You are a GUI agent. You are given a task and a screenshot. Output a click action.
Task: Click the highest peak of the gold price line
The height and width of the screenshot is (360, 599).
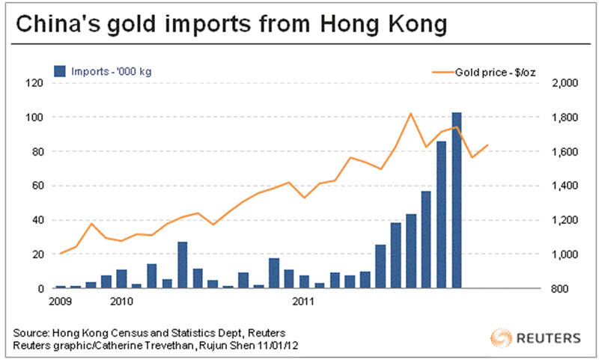(x=411, y=114)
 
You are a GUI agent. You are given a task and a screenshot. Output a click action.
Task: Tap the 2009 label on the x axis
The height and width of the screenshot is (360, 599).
(x=60, y=302)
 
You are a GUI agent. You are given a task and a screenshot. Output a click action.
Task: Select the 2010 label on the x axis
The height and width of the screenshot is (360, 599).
(x=121, y=302)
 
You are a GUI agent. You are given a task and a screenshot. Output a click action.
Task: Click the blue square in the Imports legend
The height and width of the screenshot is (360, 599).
(x=59, y=71)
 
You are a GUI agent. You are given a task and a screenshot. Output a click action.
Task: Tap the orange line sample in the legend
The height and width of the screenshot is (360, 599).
(x=444, y=71)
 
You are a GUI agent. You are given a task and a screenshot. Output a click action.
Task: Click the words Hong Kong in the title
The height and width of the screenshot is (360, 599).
(x=383, y=26)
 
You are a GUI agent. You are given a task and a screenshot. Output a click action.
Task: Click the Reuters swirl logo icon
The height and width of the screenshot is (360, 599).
(x=501, y=336)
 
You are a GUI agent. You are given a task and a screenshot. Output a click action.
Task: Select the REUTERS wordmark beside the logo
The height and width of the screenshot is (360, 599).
(x=546, y=337)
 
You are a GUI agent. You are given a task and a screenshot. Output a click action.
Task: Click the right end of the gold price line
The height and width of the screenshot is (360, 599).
(x=488, y=144)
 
